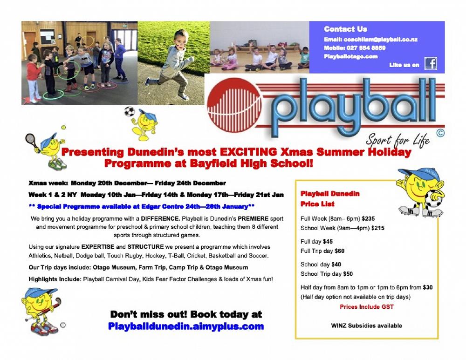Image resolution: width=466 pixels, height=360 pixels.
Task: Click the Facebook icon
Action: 431,64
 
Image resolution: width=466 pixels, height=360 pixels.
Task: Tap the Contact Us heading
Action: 345,29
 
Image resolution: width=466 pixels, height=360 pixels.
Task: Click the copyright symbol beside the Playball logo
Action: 440,133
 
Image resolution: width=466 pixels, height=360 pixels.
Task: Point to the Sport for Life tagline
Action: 397,139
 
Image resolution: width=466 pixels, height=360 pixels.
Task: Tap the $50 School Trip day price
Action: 348,274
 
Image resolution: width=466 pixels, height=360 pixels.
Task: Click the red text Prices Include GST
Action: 366,307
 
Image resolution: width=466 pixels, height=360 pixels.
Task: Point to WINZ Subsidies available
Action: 366,326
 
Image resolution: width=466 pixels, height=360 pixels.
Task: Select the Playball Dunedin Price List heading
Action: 329,198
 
